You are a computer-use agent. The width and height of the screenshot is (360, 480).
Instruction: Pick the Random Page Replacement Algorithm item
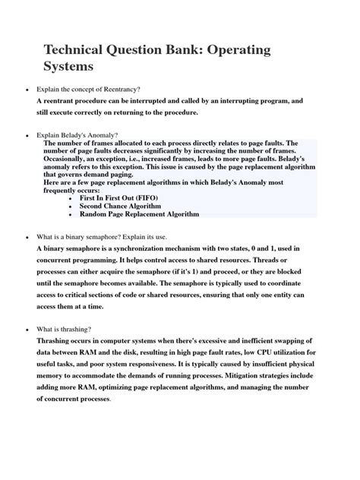click(139, 214)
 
